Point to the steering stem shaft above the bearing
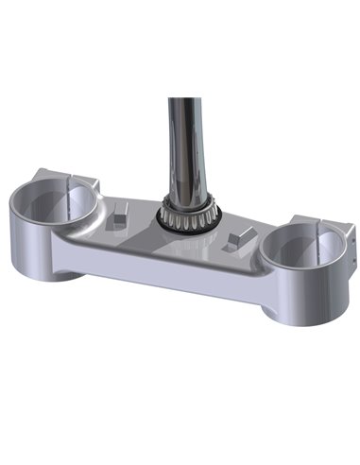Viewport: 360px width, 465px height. click(x=181, y=142)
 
